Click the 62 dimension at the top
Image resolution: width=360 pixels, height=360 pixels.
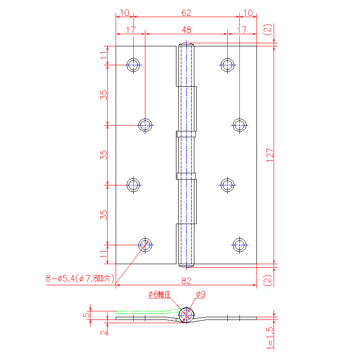point(186,13)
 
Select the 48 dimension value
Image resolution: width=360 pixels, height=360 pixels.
point(186,30)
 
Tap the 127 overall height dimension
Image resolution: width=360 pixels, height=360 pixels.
point(270,155)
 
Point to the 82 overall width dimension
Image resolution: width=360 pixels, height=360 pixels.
point(186,281)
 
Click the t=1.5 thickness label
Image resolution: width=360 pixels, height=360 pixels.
point(270,338)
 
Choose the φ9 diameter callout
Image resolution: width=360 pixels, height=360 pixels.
point(201,294)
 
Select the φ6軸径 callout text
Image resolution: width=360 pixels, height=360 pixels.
point(159,294)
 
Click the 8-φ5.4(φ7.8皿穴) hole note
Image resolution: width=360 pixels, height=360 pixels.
point(80,279)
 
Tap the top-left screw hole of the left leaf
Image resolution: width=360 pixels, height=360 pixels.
point(133,65)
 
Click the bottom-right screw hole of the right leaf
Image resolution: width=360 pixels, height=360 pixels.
point(239,245)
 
